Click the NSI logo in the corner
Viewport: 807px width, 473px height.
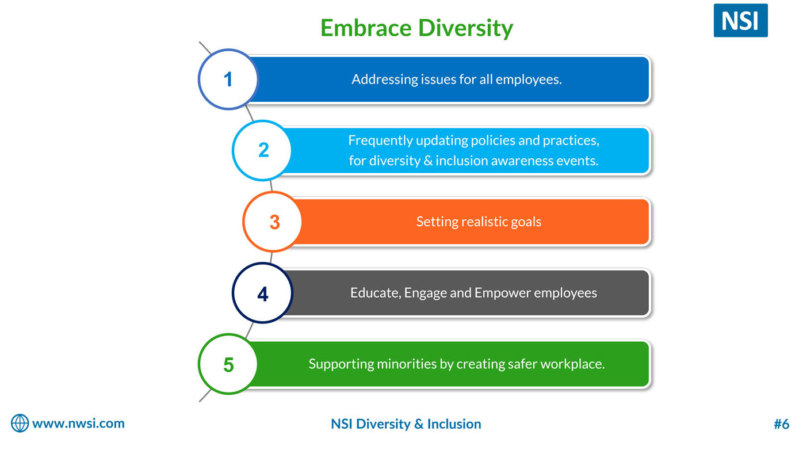point(740,20)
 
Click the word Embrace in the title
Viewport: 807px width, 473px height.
point(366,28)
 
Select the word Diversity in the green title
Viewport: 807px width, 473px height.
point(465,28)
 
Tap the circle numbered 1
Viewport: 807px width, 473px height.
point(228,79)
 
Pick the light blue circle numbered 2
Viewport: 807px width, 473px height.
point(262,150)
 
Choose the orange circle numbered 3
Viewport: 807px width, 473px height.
point(273,222)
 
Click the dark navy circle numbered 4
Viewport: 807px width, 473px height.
point(263,293)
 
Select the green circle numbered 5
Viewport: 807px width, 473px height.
point(228,364)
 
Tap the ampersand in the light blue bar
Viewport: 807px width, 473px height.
point(428,161)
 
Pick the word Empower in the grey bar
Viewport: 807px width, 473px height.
point(503,293)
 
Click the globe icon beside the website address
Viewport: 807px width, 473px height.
point(20,423)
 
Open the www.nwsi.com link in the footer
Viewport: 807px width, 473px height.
point(78,424)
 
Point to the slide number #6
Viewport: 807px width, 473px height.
point(782,424)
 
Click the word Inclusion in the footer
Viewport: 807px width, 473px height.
point(454,424)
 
